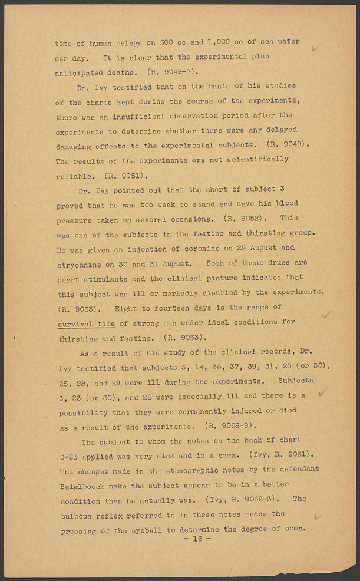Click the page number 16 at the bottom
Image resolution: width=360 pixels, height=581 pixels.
[197, 539]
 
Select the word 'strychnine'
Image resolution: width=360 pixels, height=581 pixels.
[80, 263]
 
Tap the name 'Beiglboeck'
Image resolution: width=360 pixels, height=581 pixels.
[84, 485]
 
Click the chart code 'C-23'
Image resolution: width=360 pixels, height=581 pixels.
[70, 455]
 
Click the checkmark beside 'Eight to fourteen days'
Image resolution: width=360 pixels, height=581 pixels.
[325, 315]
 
